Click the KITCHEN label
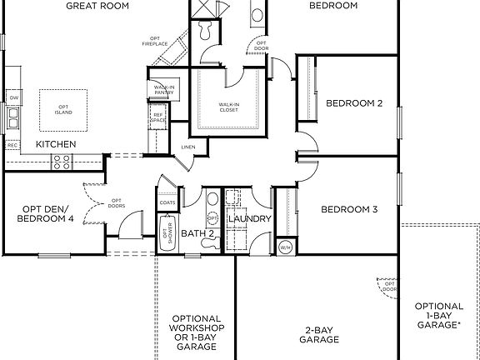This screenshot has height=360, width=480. pos(56,144)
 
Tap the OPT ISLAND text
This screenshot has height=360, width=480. pos(63,109)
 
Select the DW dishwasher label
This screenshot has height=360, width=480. pos(13,98)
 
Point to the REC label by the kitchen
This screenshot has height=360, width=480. pos(12,146)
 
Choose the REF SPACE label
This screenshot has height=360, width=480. pos(157,119)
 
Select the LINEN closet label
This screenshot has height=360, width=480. pos(188,147)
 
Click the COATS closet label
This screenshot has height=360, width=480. pos(167,202)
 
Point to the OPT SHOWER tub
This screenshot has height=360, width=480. pos(167,234)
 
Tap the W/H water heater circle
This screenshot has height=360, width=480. pos(285,247)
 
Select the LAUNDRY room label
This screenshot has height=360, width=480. pos(250,219)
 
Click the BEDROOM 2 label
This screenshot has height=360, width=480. pos(354,103)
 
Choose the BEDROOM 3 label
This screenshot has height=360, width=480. pos(349,208)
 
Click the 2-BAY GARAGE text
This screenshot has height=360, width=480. pos(320,335)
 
